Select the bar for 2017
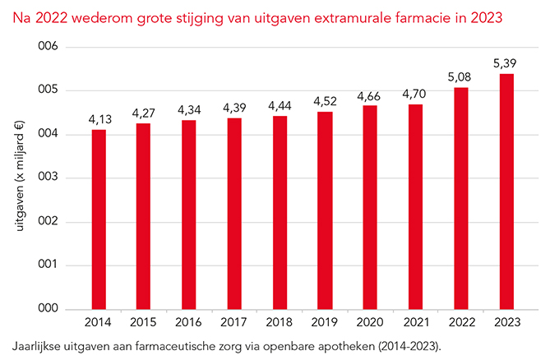pos(235,214)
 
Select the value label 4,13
pos(99,118)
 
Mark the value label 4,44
pos(280,104)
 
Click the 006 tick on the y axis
pos(49,46)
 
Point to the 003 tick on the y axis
pos(49,178)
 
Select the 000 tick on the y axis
pos(49,309)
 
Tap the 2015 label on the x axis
pos(144,322)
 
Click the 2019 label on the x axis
pos(326,322)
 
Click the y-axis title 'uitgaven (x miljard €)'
pos(19,178)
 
